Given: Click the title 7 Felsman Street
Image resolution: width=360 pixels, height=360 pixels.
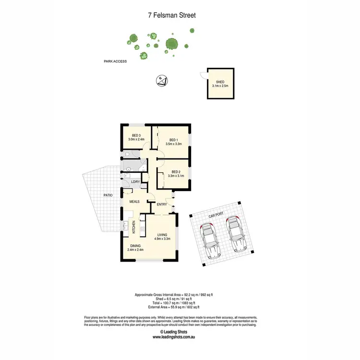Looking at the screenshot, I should (171, 15).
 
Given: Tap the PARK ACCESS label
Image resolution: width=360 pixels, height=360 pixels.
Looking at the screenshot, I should (115, 61).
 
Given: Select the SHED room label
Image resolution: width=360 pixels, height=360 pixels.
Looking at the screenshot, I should (220, 82).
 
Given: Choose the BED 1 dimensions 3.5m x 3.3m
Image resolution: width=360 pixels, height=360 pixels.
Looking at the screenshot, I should (172, 144).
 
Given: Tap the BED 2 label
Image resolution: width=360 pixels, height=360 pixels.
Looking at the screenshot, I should (175, 172).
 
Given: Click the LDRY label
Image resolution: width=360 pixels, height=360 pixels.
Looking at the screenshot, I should (135, 181).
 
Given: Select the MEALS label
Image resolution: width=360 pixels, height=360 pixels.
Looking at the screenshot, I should (134, 202).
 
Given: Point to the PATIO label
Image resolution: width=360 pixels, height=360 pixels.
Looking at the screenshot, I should (108, 195).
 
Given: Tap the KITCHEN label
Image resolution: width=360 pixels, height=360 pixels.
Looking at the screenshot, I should (133, 227).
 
